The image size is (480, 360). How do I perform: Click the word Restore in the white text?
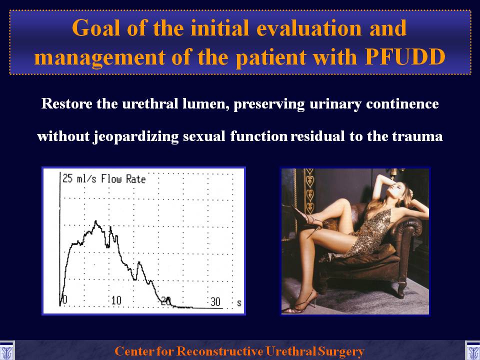tap(67, 103)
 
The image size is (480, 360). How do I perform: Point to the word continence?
tap(402, 103)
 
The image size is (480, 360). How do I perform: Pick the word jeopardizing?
tap(136, 136)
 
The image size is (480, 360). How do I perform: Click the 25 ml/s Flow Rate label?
tap(104, 178)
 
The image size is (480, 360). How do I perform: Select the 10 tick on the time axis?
tap(116, 300)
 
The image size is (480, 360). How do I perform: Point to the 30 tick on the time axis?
tap(215, 301)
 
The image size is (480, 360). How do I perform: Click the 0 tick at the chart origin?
tap(64, 300)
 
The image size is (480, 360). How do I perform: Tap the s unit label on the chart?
tap(239, 303)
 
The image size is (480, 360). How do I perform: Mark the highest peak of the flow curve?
tap(95, 221)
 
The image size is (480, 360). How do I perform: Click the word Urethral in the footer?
tap(290, 351)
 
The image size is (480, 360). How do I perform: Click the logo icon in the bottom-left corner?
tap(6, 350)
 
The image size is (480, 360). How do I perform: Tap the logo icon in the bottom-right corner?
tap(472, 350)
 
